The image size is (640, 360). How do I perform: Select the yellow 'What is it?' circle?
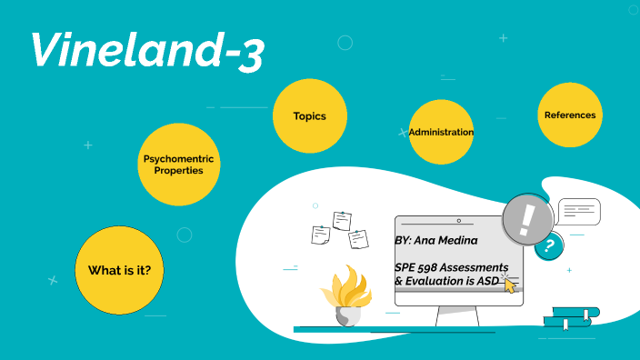[x=119, y=270]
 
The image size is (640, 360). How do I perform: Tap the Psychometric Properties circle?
[x=179, y=165]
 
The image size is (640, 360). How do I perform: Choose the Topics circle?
[x=309, y=116]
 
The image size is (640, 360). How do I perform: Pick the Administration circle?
[x=441, y=132]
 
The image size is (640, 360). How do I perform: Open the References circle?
[x=570, y=115]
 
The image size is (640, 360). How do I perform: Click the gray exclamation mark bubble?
[x=527, y=218]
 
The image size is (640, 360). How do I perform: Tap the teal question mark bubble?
[x=548, y=245]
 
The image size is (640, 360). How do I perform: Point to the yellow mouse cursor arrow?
[x=509, y=285]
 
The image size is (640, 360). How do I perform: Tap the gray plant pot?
[x=347, y=315]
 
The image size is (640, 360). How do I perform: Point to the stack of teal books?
[x=571, y=317]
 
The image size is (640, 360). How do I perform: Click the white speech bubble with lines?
[x=578, y=212]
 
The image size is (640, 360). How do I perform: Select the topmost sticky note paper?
[x=342, y=220]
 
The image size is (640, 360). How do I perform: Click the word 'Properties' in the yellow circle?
[x=179, y=170]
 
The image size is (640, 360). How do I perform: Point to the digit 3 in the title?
[x=251, y=56]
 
